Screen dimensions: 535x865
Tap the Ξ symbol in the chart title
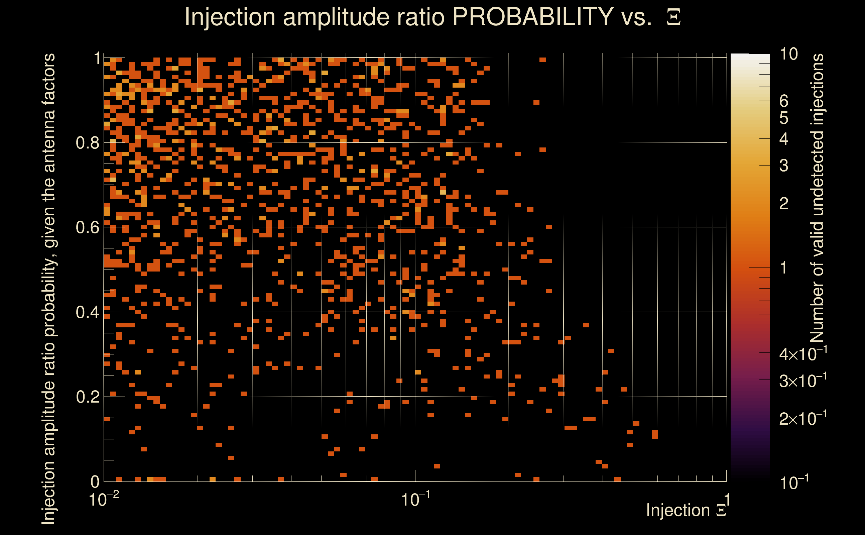click(x=673, y=17)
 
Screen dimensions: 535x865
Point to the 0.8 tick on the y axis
click(x=88, y=143)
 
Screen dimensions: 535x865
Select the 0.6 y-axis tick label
click(x=88, y=227)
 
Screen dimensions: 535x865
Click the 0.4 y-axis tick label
click(x=88, y=312)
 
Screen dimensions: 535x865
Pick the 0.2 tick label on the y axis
click(x=88, y=397)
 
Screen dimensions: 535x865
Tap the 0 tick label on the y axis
click(x=95, y=481)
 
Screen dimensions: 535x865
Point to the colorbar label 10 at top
click(x=788, y=55)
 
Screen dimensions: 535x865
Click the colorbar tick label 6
click(x=784, y=102)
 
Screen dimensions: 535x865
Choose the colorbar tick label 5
click(x=784, y=118)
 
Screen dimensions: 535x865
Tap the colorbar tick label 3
click(x=784, y=166)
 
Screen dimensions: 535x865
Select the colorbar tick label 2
click(x=784, y=204)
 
